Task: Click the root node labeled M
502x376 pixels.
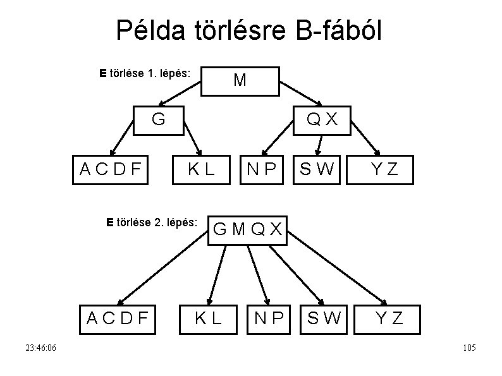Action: (240, 80)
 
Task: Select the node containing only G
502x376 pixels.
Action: (159, 119)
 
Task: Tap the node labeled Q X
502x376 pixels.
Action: (321, 119)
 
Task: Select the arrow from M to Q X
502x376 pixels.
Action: (300, 92)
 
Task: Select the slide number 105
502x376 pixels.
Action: (469, 348)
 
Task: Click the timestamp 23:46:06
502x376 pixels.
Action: (40, 348)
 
